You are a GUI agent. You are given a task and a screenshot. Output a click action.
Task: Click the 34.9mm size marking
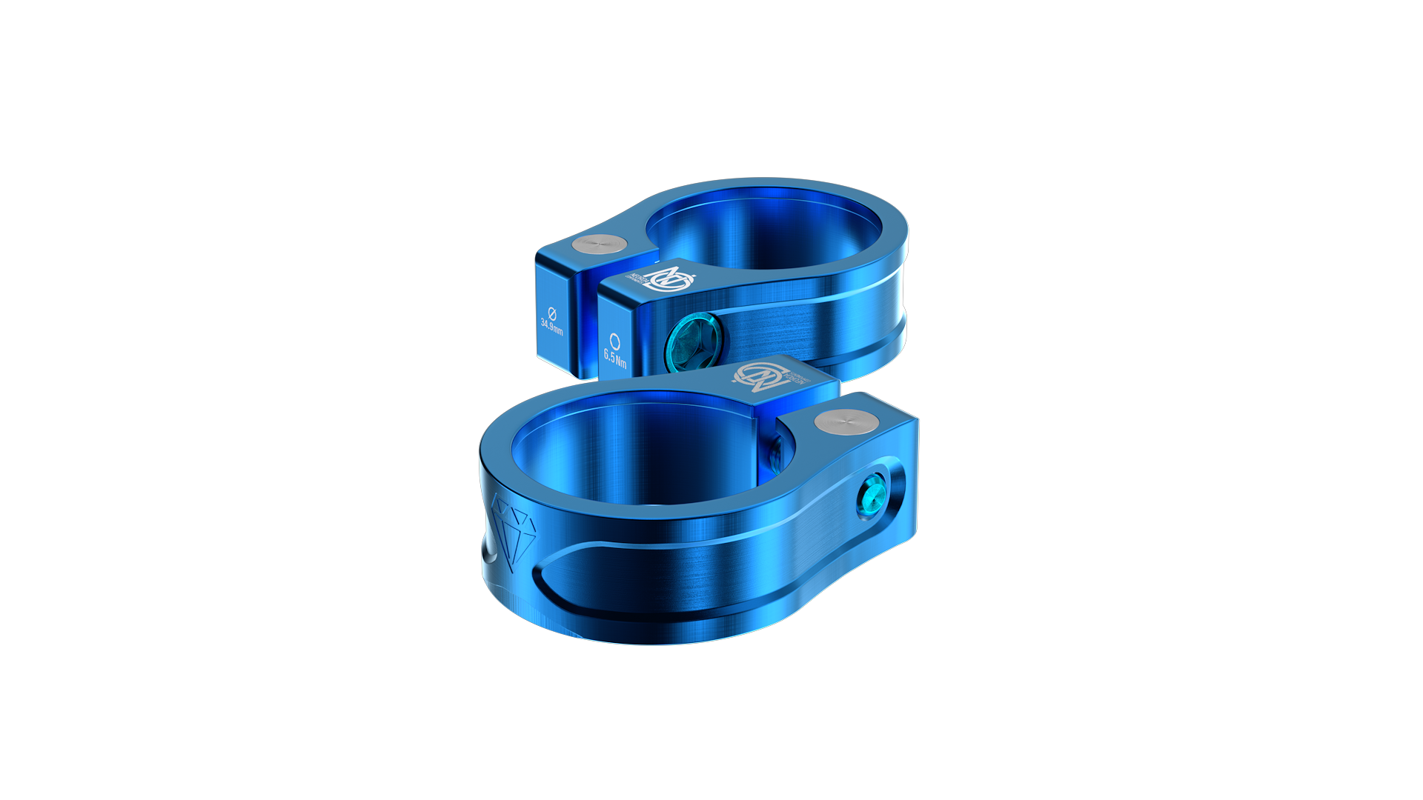point(551,326)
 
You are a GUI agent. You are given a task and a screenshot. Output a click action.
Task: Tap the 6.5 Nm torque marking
point(615,358)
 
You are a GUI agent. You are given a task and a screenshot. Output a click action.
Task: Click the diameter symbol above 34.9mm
point(551,312)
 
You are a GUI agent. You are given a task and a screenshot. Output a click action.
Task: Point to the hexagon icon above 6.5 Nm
point(614,341)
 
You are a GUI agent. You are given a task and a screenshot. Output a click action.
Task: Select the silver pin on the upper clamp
point(600,245)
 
